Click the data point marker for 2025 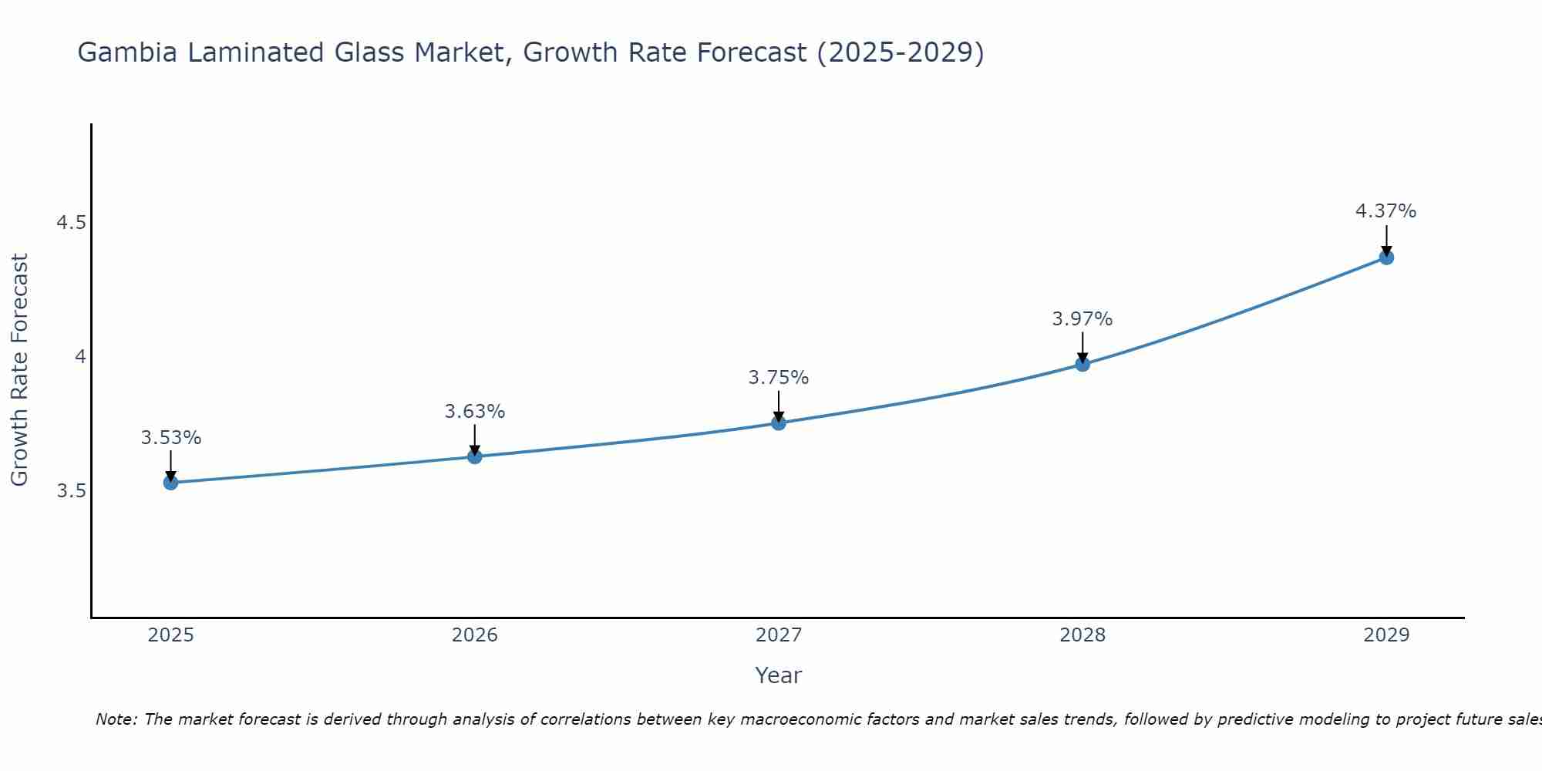pyautogui.click(x=170, y=483)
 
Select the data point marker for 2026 pyautogui.click(x=474, y=456)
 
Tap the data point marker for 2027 pyautogui.click(x=778, y=423)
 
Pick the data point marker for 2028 pyautogui.click(x=1082, y=364)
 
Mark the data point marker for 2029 pyautogui.click(x=1386, y=258)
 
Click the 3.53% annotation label pyautogui.click(x=170, y=438)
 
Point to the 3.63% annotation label pyautogui.click(x=474, y=412)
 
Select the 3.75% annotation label pyautogui.click(x=778, y=378)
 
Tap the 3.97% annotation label pyautogui.click(x=1082, y=319)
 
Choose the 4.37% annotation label pyautogui.click(x=1386, y=211)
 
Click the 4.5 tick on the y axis pyautogui.click(x=71, y=223)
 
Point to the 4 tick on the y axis pyautogui.click(x=79, y=357)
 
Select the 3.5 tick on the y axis pyautogui.click(x=71, y=491)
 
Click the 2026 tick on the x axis pyautogui.click(x=474, y=635)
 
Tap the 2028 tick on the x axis pyautogui.click(x=1082, y=635)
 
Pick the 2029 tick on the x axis pyautogui.click(x=1386, y=635)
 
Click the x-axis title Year pyautogui.click(x=778, y=675)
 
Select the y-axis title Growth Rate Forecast pyautogui.click(x=19, y=370)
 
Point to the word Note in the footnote pyautogui.click(x=115, y=719)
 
